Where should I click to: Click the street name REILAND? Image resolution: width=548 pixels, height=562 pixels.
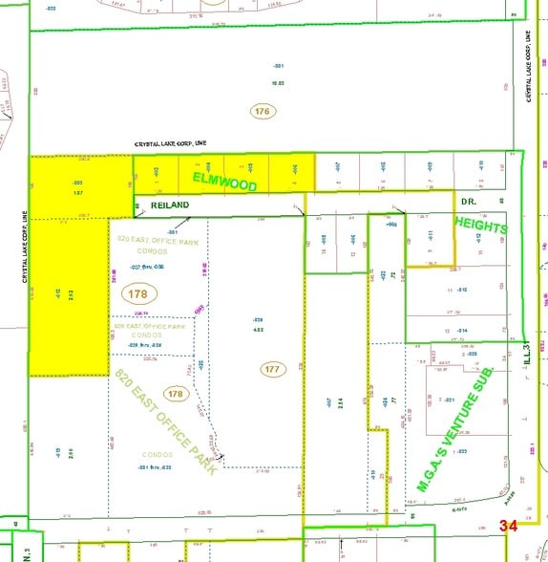click(x=169, y=205)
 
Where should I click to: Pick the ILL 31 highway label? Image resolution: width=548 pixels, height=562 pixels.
click(x=522, y=358)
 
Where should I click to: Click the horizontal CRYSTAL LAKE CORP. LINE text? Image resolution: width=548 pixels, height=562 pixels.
click(x=181, y=143)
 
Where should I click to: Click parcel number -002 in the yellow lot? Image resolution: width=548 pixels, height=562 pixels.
click(x=77, y=181)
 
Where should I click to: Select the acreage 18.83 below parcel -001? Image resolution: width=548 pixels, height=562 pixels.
click(x=280, y=83)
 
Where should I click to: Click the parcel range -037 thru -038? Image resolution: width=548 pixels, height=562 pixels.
click(x=148, y=267)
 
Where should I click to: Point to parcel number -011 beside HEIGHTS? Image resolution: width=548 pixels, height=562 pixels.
click(x=431, y=233)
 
